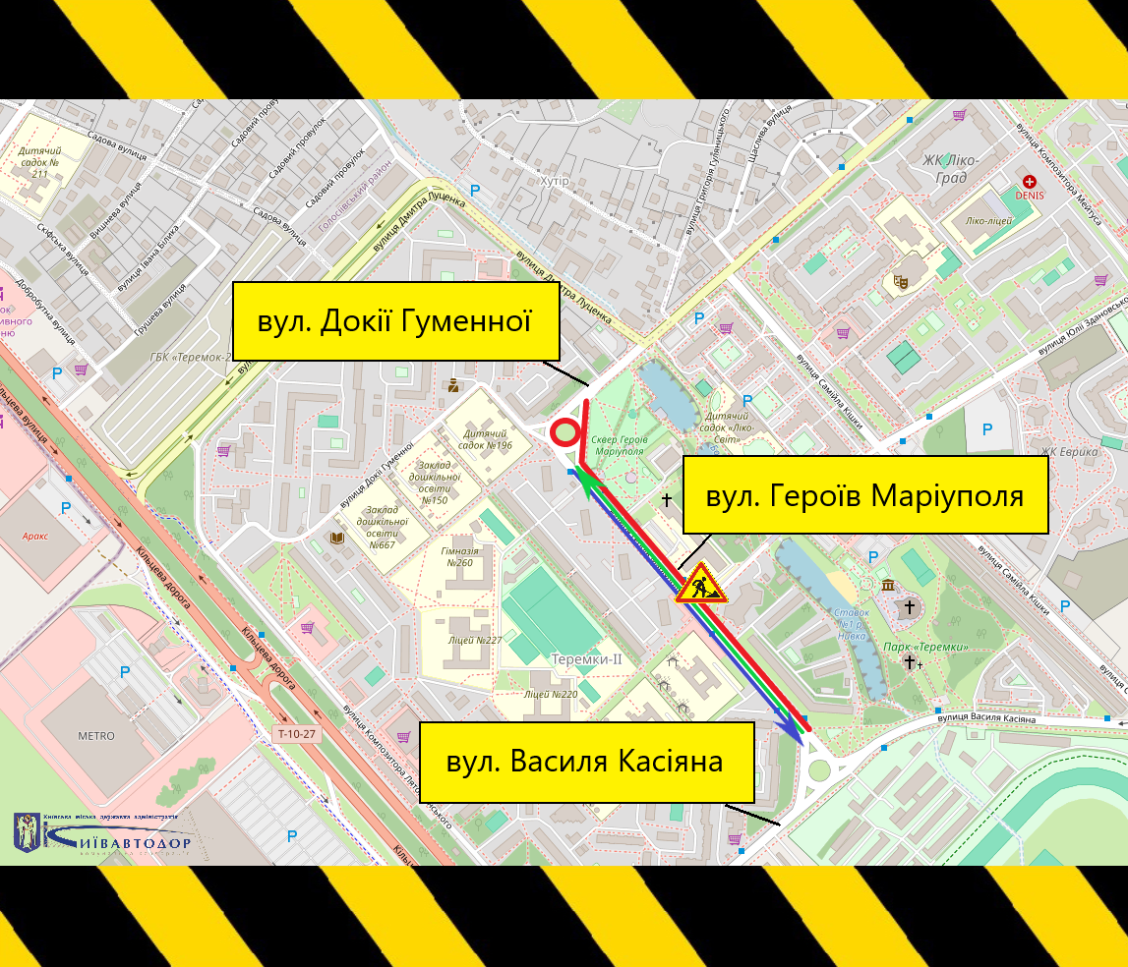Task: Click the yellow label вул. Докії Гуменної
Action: click(395, 321)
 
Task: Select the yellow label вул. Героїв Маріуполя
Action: click(865, 495)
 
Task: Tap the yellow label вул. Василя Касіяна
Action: click(586, 762)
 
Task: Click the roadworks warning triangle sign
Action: click(700, 584)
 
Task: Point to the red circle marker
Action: click(564, 432)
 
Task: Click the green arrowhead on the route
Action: click(587, 482)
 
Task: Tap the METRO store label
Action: click(96, 736)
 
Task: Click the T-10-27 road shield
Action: click(296, 733)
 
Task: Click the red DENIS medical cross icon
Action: click(1029, 182)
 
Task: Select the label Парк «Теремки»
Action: click(925, 647)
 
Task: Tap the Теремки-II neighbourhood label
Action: click(587, 659)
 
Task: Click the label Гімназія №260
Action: click(460, 557)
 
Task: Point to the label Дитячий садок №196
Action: click(479, 439)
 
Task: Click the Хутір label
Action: click(555, 181)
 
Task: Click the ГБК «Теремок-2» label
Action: click(191, 358)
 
